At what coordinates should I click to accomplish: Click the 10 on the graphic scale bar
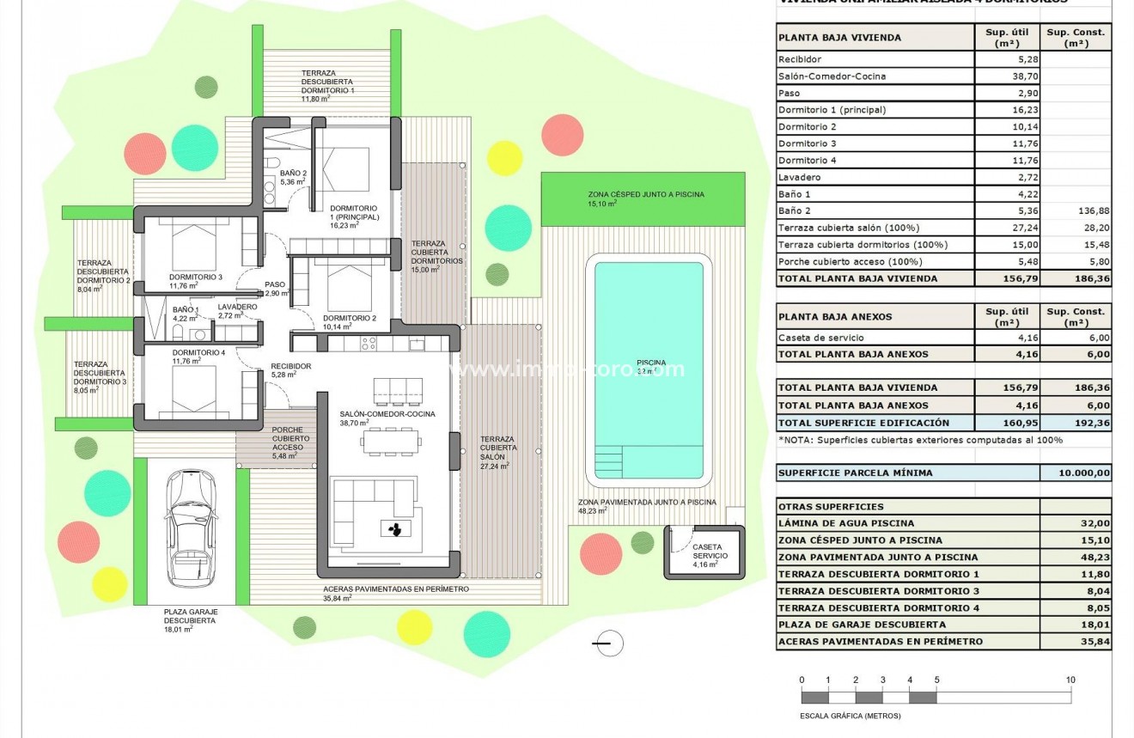[x=1070, y=680]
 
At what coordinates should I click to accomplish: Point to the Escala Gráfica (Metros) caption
[x=844, y=716]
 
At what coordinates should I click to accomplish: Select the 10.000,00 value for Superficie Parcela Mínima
[x=1075, y=473]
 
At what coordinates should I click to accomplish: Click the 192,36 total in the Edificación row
[x=1075, y=423]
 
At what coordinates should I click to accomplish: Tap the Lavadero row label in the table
[x=799, y=177]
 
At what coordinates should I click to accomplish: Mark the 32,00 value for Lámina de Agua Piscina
[x=1075, y=523]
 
